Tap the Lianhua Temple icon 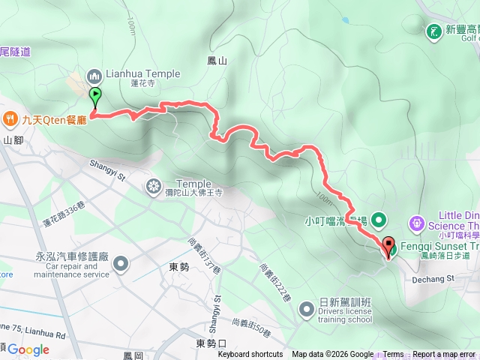pos(94,75)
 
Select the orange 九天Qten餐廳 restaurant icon pos(10,118)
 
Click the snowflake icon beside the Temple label pos(154,185)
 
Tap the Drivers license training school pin pos(307,308)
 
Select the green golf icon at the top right pos(433,31)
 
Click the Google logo pos(28,349)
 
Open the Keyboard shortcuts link pos(250,355)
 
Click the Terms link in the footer pos(393,355)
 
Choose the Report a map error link pos(445,355)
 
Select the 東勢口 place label pos(211,343)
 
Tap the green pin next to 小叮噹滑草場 pos(379,220)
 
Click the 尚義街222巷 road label pos(275,283)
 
